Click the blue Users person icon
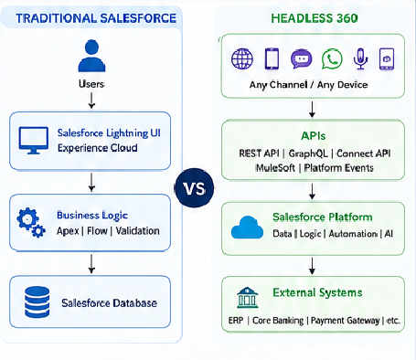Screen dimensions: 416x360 coord(91,56)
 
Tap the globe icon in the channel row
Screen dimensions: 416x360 coord(242,58)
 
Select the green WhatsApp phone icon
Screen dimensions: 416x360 coord(332,58)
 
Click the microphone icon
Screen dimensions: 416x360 coord(360,58)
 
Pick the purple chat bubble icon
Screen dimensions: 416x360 coord(302,58)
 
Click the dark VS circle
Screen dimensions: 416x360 coord(194,188)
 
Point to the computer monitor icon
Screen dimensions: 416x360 coord(33,141)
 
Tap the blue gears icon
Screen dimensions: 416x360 coord(31,222)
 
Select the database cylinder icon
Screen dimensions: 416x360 coord(37,302)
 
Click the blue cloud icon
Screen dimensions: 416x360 coord(247,228)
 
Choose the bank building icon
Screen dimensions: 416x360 coord(247,297)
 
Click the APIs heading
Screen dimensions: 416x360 coord(314,136)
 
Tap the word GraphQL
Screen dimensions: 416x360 coord(308,154)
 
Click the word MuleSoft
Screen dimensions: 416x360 coord(275,168)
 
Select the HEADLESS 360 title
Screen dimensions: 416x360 coord(315,18)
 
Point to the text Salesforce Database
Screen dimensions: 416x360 coord(110,303)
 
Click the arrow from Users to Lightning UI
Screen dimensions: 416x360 coord(91,101)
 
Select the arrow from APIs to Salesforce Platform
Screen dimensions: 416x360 coord(312,192)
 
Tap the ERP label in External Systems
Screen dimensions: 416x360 coord(236,321)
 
